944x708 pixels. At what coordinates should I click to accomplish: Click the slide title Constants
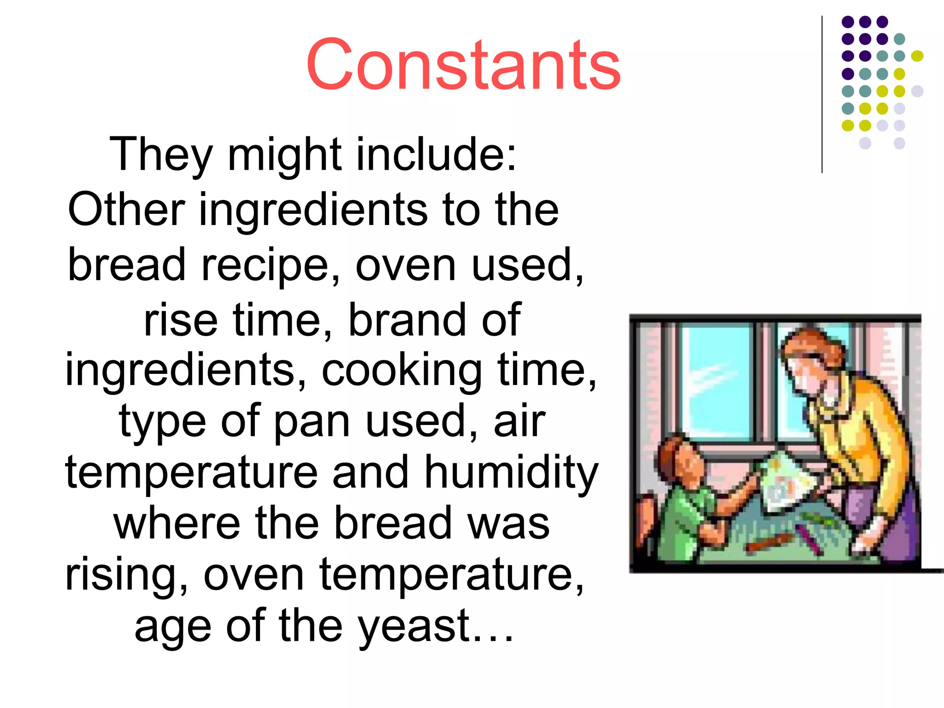[x=463, y=65]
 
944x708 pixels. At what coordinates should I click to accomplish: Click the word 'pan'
[x=312, y=422]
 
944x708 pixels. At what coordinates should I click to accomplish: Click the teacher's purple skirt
[x=876, y=516]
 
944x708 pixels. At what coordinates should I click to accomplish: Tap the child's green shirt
[x=682, y=521]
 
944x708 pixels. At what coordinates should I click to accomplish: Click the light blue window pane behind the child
[x=717, y=383]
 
